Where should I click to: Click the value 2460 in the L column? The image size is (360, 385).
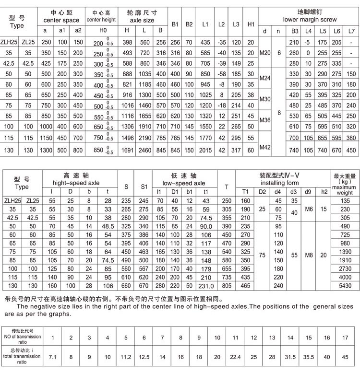pos(145,151)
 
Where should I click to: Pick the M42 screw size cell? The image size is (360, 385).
pos(265,146)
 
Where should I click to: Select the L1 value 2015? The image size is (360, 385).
pos(205,151)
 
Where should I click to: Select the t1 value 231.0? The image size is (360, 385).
pos(206,285)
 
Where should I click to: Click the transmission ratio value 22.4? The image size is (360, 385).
pos(236,357)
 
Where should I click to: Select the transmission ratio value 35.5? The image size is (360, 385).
pos(309,357)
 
